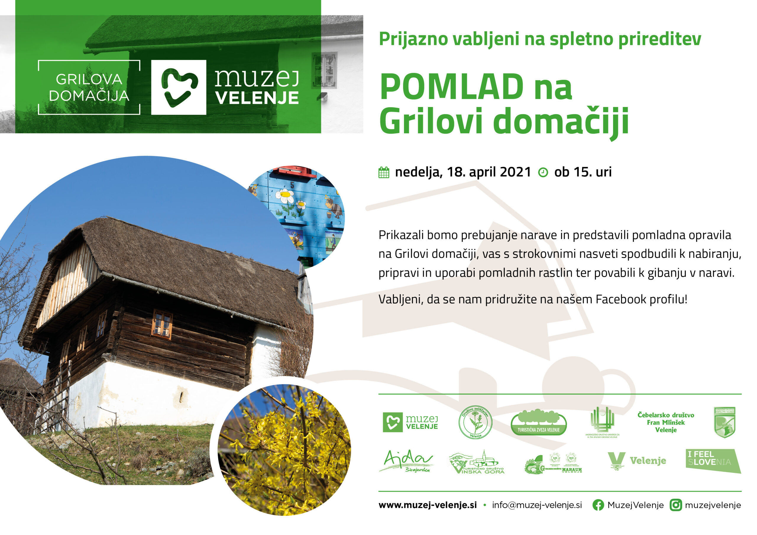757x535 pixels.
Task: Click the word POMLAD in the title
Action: [x=452, y=87]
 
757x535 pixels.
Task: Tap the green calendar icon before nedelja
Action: [x=384, y=172]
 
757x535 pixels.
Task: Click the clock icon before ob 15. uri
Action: [x=543, y=172]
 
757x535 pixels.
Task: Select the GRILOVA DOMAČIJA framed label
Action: [x=89, y=87]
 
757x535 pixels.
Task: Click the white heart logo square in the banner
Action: [x=179, y=87]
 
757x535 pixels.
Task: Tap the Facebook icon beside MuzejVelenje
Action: [x=598, y=505]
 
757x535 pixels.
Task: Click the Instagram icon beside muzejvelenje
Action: [x=676, y=505]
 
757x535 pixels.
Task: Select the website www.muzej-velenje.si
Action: [x=427, y=505]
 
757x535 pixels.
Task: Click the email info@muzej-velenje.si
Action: [x=537, y=505]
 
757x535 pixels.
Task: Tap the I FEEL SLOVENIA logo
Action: [x=713, y=461]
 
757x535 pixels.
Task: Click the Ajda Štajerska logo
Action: [x=406, y=461]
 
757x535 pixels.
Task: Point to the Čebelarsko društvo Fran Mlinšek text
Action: [x=666, y=422]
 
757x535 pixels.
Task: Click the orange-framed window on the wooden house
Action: [x=162, y=325]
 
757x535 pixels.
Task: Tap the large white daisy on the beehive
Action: [x=285, y=196]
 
